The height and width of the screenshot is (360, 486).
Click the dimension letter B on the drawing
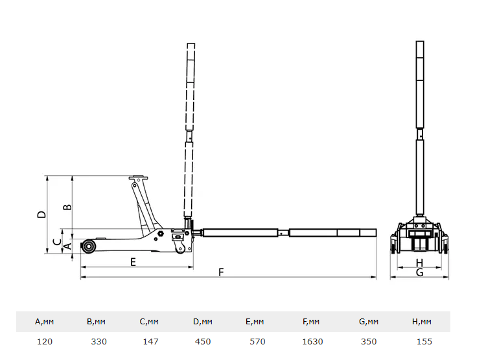(67, 207)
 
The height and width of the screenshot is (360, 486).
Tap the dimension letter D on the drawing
(40, 213)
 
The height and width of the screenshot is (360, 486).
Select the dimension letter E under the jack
(133, 262)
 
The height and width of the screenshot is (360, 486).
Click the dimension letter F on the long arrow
(222, 272)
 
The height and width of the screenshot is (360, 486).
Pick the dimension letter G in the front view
(419, 273)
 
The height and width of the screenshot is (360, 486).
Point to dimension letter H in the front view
(419, 263)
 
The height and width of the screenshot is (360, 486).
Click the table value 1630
(313, 341)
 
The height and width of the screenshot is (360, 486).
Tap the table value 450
(202, 341)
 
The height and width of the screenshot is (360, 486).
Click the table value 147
(150, 341)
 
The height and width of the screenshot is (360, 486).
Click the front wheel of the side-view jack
(87, 247)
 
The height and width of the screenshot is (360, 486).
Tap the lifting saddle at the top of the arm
(138, 178)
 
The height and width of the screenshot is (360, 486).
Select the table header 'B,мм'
(96, 321)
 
